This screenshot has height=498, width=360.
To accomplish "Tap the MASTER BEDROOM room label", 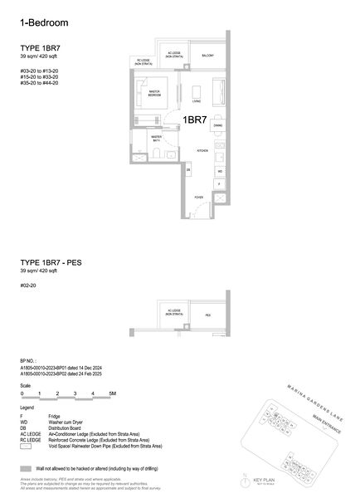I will (x=154, y=94).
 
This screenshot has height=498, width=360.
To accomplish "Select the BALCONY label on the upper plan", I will (x=207, y=56).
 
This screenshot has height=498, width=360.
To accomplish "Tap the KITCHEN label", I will (x=201, y=150).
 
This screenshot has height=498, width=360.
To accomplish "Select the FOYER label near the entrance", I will (x=198, y=197).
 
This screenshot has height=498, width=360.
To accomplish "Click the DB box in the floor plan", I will (x=188, y=170).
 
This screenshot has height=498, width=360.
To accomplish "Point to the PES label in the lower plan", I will (x=207, y=315).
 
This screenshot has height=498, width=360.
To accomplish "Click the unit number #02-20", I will (x=29, y=286).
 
